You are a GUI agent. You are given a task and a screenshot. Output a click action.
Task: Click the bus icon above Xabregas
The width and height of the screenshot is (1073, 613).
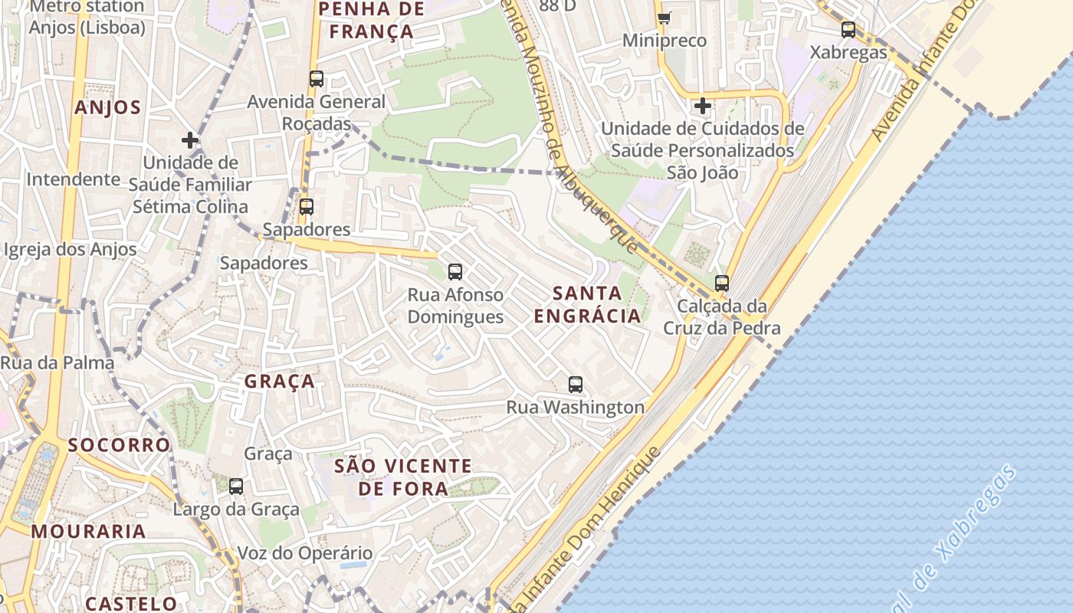[848, 30]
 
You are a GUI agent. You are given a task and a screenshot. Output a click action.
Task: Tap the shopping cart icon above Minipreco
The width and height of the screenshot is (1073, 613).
[664, 18]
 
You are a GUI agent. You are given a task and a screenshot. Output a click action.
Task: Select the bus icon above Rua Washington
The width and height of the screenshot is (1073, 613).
[576, 385]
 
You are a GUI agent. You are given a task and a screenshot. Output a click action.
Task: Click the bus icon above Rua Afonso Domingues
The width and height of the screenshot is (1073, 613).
[455, 271]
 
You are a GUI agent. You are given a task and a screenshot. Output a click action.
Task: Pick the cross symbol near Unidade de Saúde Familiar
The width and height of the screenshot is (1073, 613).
[190, 140]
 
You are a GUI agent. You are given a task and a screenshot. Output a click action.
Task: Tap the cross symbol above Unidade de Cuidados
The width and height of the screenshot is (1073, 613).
[702, 106]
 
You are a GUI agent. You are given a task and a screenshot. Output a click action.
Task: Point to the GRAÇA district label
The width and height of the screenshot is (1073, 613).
[280, 381]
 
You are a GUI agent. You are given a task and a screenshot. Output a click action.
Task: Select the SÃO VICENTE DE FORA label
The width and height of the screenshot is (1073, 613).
[404, 477]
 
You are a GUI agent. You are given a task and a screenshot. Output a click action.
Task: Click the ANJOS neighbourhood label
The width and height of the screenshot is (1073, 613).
[108, 107]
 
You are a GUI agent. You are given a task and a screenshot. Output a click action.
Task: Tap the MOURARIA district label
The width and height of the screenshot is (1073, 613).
[89, 531]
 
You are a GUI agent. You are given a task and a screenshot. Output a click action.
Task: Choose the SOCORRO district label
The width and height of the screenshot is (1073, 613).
[119, 444]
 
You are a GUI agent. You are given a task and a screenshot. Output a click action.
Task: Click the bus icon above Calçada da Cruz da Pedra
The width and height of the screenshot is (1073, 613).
[721, 284]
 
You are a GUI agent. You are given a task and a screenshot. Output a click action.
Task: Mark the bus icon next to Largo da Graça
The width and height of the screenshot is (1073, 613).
[236, 486]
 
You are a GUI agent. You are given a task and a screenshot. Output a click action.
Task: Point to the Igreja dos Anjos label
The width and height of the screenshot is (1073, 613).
[71, 249]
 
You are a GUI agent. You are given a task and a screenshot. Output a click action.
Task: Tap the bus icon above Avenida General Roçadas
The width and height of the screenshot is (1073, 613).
[316, 79]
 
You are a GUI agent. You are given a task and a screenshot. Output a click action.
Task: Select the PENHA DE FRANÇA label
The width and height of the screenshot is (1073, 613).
[371, 20]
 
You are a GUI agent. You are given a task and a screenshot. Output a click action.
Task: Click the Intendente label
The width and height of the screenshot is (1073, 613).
[74, 179]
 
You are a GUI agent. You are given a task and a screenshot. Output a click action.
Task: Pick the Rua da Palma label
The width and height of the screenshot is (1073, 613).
[57, 363]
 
